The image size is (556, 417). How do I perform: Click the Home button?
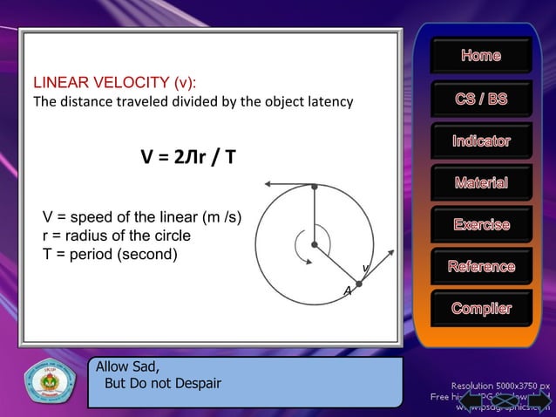(x=481, y=56)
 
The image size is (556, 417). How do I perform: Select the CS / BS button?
(x=481, y=99)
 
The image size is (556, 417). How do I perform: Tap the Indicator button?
(x=481, y=141)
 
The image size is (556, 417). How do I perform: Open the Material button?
(x=481, y=183)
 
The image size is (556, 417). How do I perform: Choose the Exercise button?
(x=481, y=225)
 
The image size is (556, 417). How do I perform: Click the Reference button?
(x=481, y=267)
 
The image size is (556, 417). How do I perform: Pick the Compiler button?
(x=481, y=309)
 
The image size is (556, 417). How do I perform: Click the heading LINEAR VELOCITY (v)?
(x=114, y=83)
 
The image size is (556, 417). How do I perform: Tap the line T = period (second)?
(x=110, y=255)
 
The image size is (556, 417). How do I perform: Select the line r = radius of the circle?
(x=117, y=236)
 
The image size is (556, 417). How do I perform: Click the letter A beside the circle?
(x=347, y=291)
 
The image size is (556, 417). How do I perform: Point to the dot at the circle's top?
(x=314, y=185)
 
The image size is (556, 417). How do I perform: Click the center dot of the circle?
(x=314, y=244)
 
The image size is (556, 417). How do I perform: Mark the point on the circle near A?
(x=358, y=283)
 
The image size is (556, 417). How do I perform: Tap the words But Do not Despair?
(x=162, y=383)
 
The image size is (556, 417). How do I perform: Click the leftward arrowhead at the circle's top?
(x=268, y=184)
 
